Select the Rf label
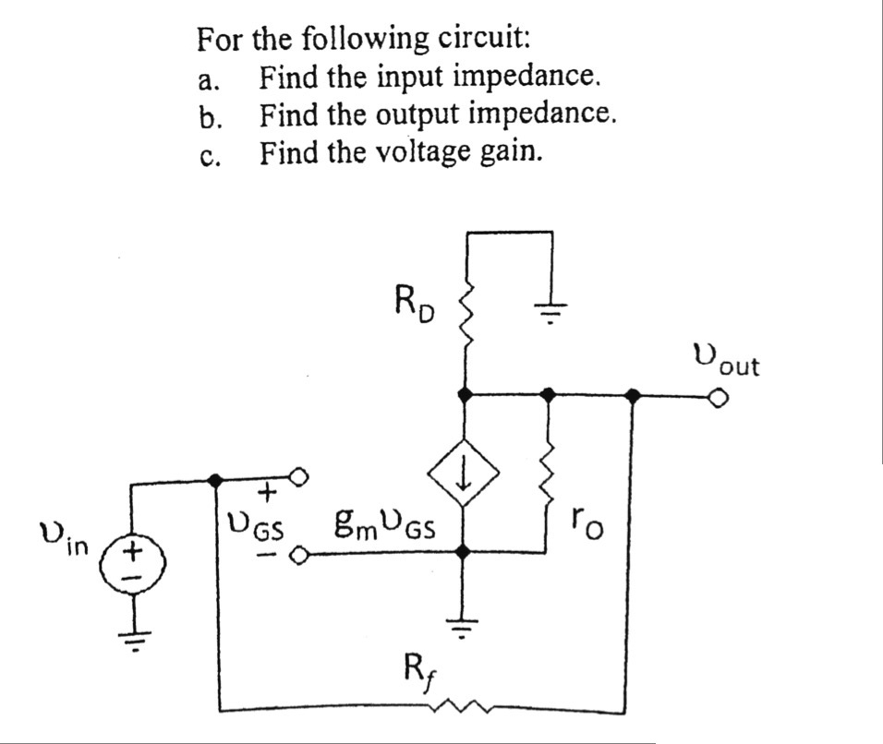418,667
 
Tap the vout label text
725,359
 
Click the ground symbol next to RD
550,310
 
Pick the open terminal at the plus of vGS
299,478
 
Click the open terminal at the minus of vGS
299,556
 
